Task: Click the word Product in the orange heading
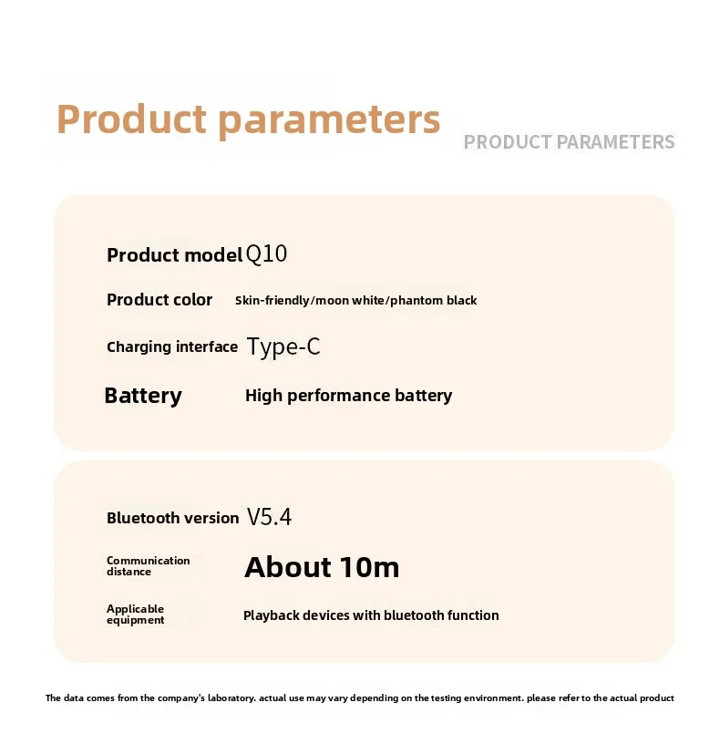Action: pyautogui.click(x=131, y=119)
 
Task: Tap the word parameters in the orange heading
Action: pyautogui.click(x=329, y=121)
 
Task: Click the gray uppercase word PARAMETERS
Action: pyautogui.click(x=615, y=142)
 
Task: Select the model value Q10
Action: pyautogui.click(x=266, y=254)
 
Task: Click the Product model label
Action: pyautogui.click(x=175, y=255)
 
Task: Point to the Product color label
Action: pyautogui.click(x=159, y=300)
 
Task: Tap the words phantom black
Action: pyautogui.click(x=434, y=301)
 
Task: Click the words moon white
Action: pyautogui.click(x=350, y=300)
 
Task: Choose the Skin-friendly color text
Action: pyautogui.click(x=272, y=300)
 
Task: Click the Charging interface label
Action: pyautogui.click(x=172, y=346)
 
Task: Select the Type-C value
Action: pyautogui.click(x=283, y=346)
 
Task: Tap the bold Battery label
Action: pyautogui.click(x=143, y=397)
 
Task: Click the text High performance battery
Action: pyautogui.click(x=349, y=396)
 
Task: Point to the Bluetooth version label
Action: pyautogui.click(x=172, y=518)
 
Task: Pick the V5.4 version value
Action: pyautogui.click(x=269, y=517)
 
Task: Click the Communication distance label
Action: pyautogui.click(x=148, y=566)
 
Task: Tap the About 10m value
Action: pyautogui.click(x=322, y=567)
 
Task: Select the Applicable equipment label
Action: pyautogui.click(x=135, y=615)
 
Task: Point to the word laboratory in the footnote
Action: pyautogui.click(x=231, y=698)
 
